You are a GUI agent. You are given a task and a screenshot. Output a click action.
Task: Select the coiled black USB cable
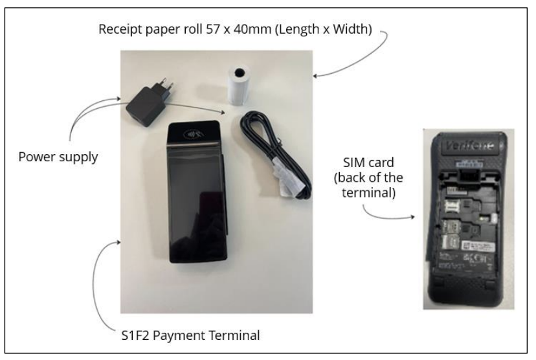point(276,155)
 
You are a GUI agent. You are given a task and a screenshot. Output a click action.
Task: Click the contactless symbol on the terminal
point(193,135)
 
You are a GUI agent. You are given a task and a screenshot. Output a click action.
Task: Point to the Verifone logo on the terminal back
point(469,146)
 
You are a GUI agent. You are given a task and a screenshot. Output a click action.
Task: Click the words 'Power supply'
point(58,157)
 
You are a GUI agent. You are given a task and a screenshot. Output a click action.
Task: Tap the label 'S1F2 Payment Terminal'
point(190,335)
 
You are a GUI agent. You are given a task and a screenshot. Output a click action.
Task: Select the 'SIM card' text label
point(368,163)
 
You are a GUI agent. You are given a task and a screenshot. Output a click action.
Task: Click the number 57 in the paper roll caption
point(213,29)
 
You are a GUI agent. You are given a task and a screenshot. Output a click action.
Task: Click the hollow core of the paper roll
point(240,73)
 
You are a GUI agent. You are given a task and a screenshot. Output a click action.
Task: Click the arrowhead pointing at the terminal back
point(412,217)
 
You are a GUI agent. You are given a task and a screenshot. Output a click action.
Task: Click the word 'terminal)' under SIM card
point(368,193)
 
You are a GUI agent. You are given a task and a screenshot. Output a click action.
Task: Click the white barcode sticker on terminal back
point(477,245)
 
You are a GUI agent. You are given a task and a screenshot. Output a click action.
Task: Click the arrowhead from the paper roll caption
point(315,76)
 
